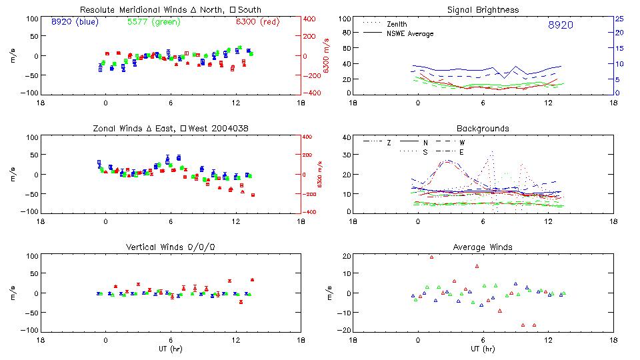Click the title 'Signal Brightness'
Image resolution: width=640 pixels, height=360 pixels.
(483, 10)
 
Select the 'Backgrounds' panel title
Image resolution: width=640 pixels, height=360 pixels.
(483, 128)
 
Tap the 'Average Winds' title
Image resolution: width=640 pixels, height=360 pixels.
(483, 247)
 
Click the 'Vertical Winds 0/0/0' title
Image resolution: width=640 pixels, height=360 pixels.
(170, 247)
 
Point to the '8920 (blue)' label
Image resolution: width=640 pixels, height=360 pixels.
(75, 22)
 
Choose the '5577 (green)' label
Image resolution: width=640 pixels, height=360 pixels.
(151, 22)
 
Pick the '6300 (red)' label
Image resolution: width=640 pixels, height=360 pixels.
(258, 22)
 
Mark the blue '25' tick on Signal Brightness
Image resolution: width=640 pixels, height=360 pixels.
(619, 18)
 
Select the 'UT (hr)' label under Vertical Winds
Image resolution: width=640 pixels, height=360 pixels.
(170, 349)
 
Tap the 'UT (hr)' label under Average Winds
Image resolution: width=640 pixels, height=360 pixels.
(483, 349)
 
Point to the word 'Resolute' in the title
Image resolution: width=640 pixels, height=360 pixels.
(96, 10)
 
